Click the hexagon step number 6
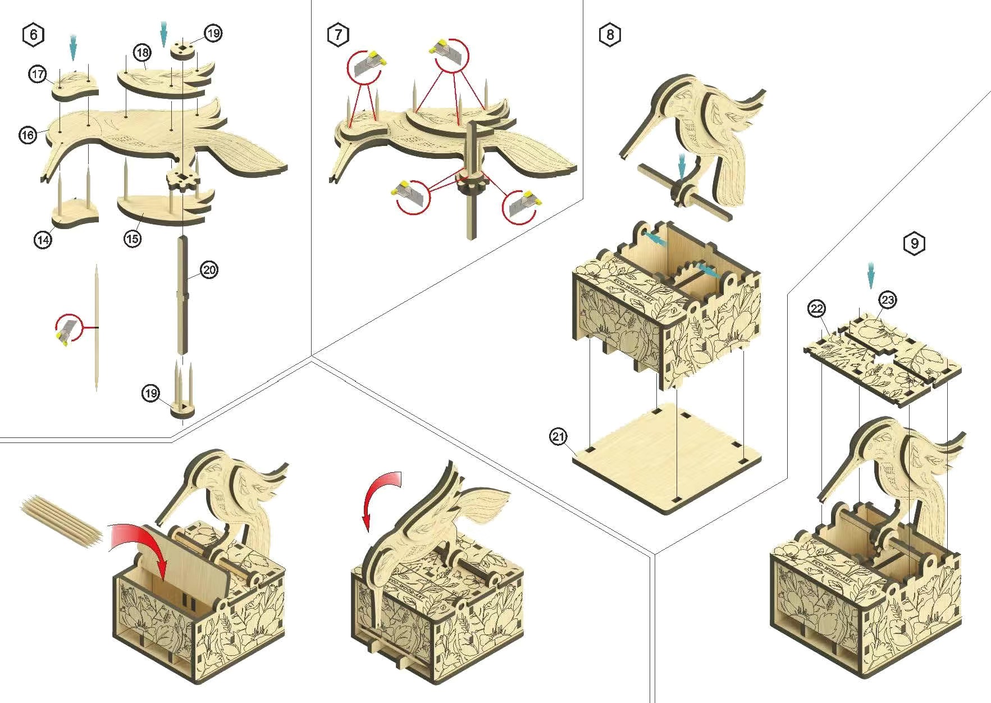point(34,35)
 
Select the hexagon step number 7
point(338,35)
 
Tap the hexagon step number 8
point(610,35)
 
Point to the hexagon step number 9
point(915,243)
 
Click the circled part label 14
point(43,240)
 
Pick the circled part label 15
point(132,239)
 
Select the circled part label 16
point(28,135)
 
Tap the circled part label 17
point(38,74)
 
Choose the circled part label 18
point(143,53)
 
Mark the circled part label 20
point(209,270)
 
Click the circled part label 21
point(558,436)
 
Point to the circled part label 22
point(817,308)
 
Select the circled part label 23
point(888,300)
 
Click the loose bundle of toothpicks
point(62,519)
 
